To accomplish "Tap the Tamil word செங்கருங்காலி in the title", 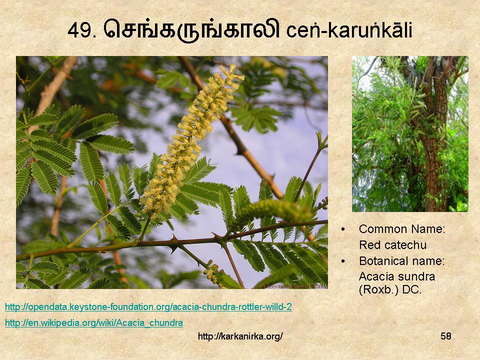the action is point(192,29).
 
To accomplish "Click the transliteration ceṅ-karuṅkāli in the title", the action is point(349,30).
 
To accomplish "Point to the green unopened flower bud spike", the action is point(270,210).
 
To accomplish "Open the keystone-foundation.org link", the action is point(148,306).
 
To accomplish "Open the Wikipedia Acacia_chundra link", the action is point(94,322).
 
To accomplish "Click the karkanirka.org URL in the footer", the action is point(240,336).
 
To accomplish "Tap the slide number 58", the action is point(446,336).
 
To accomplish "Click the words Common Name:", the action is point(402,229).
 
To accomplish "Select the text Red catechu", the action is point(393,245).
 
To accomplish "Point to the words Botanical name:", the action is point(401,261).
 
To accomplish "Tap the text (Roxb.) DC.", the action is point(390,289).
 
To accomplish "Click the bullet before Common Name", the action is point(343,229).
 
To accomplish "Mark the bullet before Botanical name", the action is point(343,261).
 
